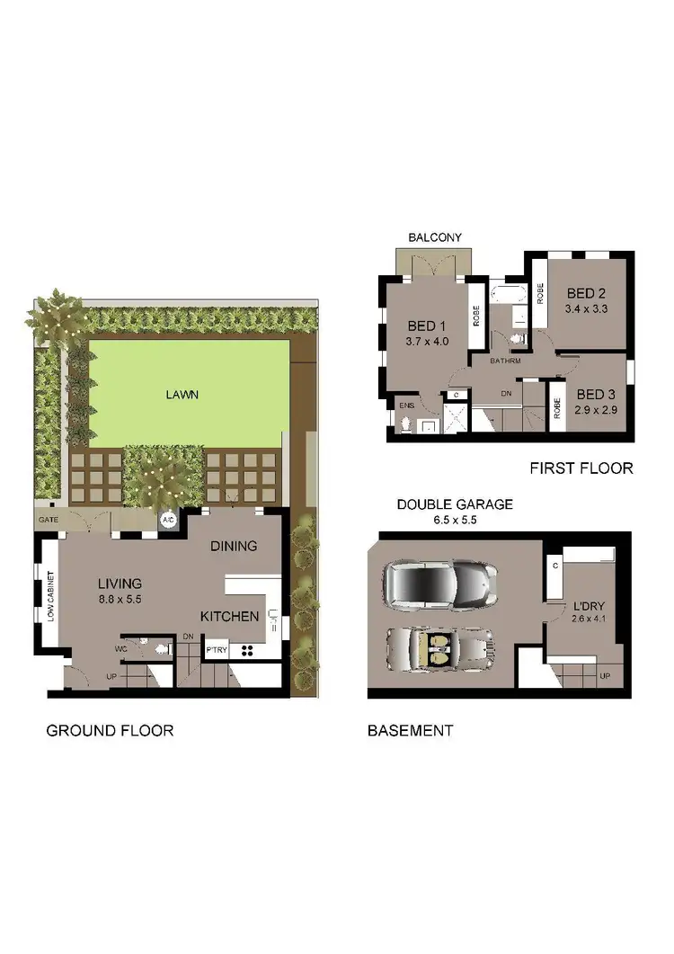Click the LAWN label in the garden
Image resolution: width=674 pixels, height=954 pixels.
(182, 394)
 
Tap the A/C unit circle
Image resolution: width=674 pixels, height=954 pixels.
(167, 520)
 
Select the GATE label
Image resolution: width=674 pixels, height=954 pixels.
(48, 521)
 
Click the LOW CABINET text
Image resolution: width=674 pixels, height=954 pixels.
(51, 596)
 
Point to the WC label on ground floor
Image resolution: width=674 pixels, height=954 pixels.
(121, 646)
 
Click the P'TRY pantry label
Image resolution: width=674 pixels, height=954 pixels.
(217, 649)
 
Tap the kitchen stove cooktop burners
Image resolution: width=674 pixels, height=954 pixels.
(247, 649)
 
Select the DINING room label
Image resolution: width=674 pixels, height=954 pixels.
(234, 546)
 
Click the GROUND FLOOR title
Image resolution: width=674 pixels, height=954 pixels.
(110, 730)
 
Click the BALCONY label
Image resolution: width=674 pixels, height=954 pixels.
(435, 237)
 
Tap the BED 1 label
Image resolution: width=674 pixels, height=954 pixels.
(427, 325)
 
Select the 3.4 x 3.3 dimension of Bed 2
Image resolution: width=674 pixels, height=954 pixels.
(586, 309)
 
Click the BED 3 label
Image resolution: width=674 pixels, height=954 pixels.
(595, 394)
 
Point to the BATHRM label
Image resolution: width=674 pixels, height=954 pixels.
(505, 361)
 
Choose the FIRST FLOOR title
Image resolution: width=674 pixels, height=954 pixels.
(581, 468)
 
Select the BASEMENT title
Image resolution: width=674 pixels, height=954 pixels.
(410, 730)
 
